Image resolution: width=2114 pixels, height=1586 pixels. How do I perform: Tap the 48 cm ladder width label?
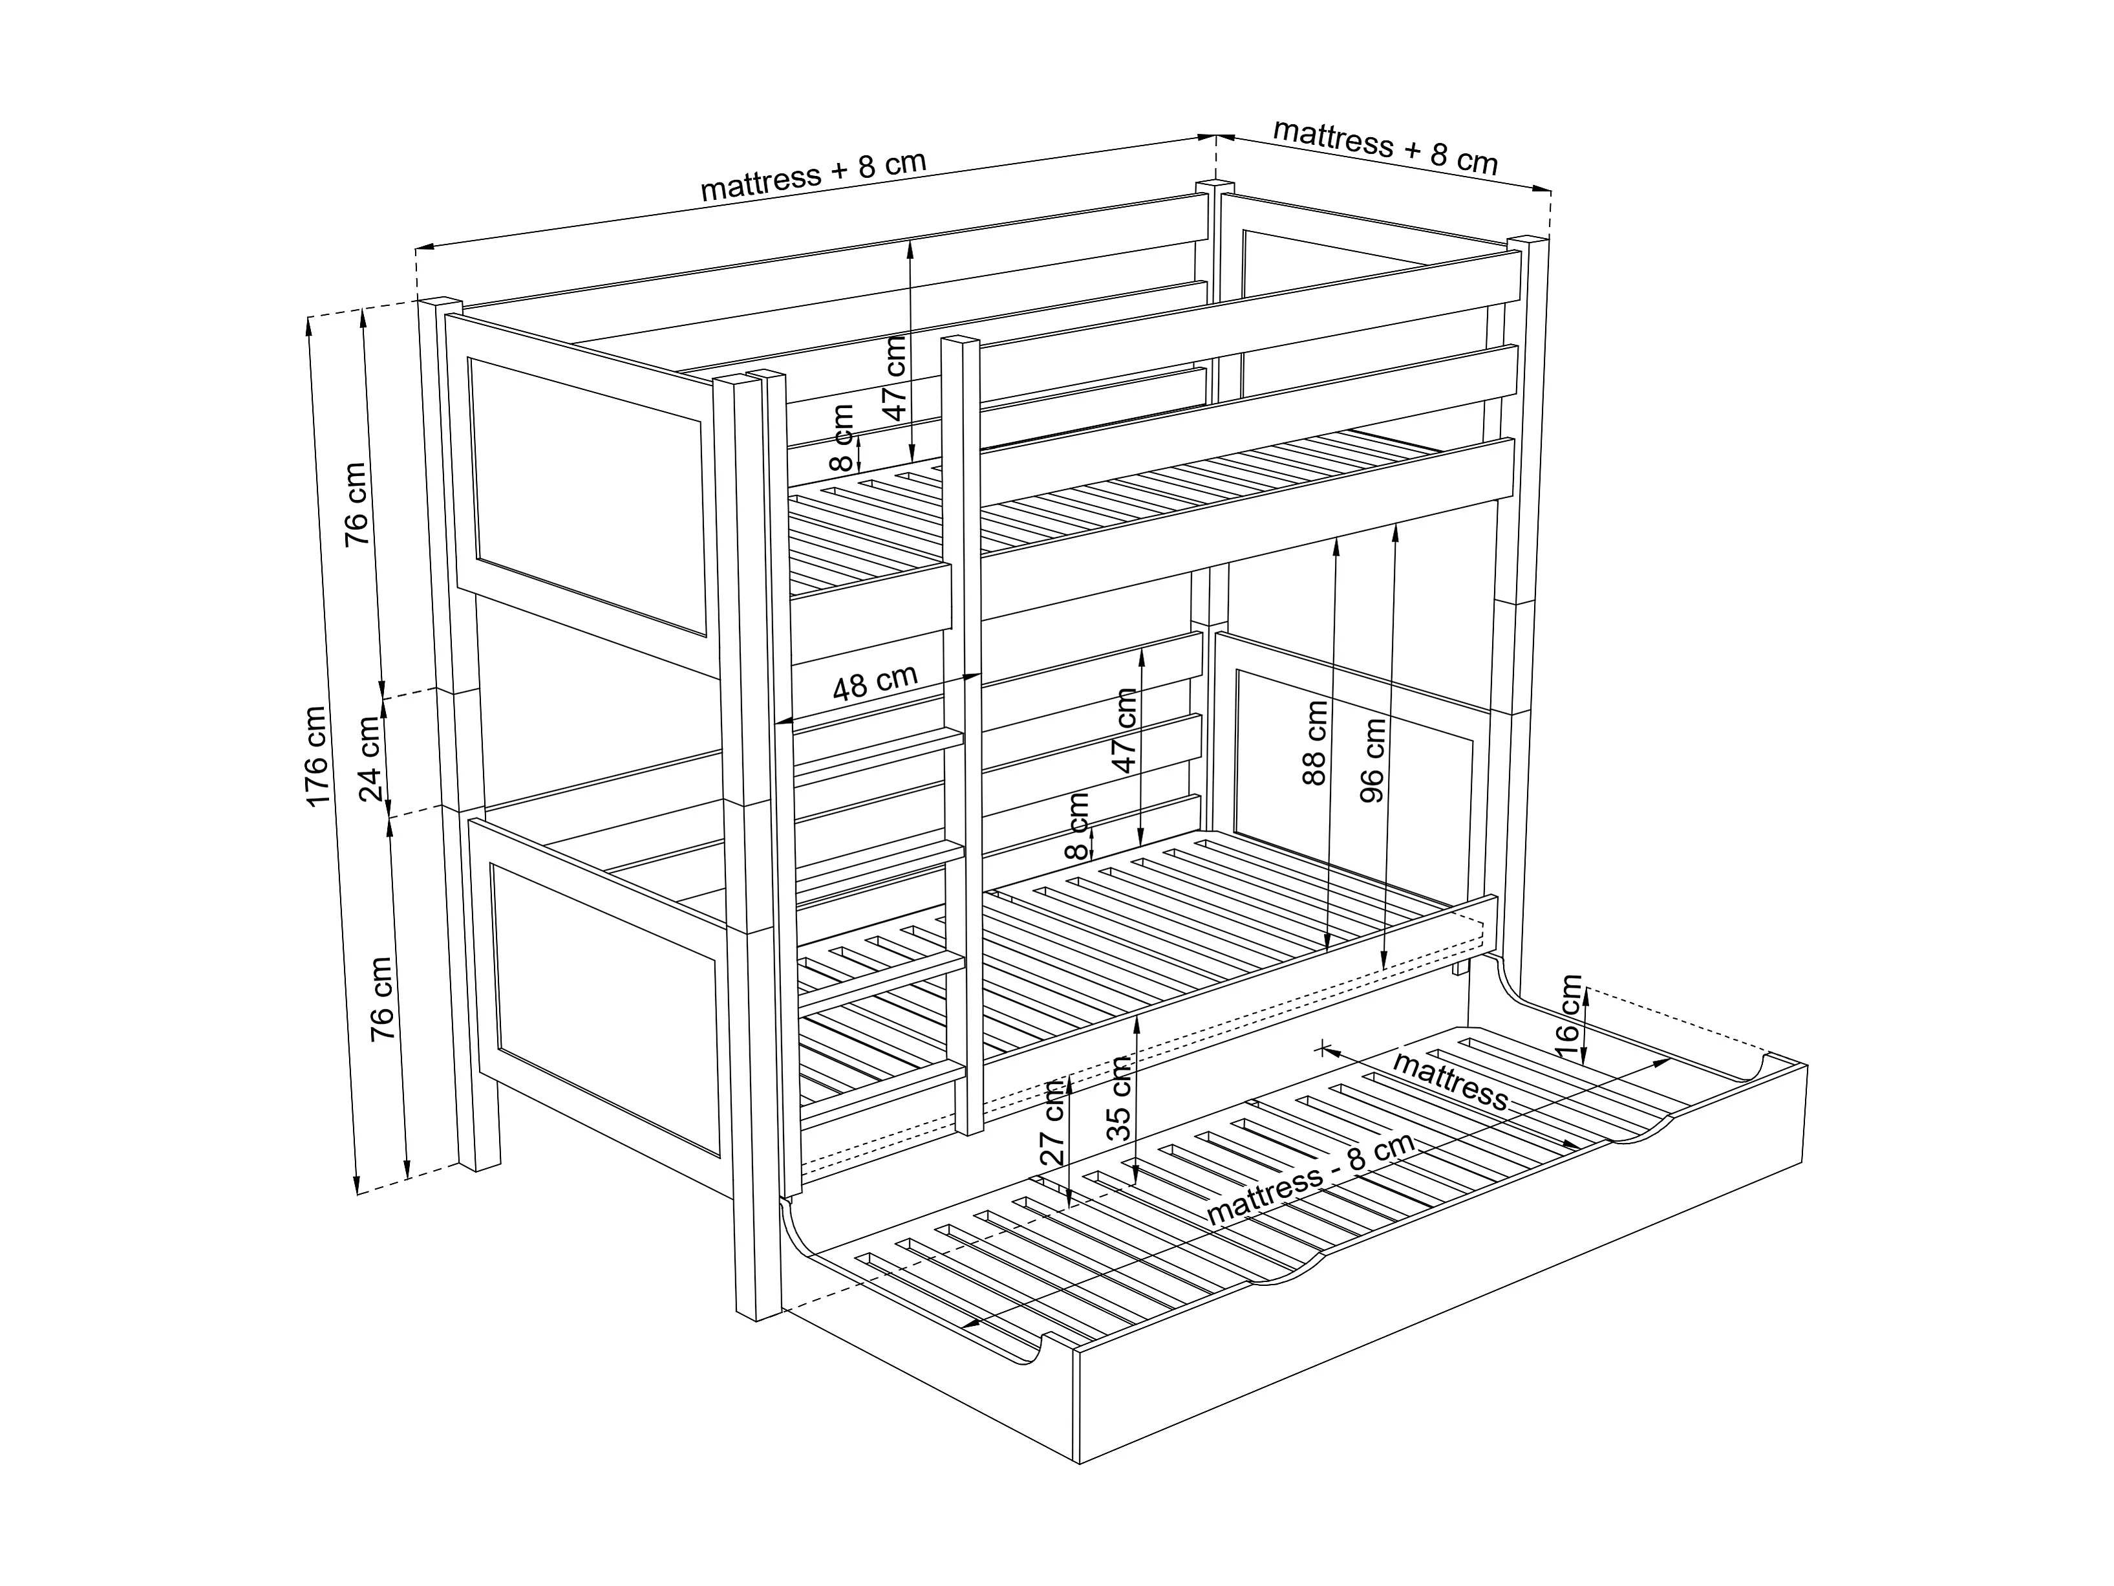click(x=875, y=682)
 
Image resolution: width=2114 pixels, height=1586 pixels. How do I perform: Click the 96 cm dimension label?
click(x=1372, y=760)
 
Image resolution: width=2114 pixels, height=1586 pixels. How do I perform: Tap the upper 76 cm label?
click(x=356, y=504)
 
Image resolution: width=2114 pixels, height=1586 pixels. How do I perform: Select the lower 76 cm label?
click(x=381, y=998)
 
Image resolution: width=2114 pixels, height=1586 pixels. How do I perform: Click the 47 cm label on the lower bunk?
click(x=1125, y=730)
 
